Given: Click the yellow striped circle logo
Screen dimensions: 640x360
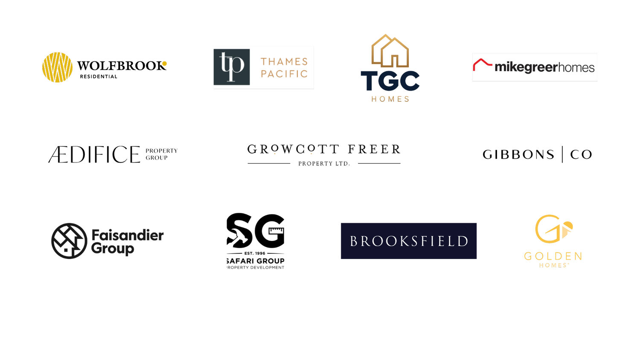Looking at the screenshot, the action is (x=58, y=67).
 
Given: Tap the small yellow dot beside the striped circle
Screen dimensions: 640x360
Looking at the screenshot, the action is (x=164, y=64).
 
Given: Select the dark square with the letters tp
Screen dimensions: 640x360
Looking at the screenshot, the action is (x=232, y=67).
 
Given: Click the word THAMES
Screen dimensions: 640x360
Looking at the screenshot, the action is (x=284, y=61).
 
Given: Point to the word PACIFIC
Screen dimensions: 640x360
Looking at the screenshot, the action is (x=284, y=74).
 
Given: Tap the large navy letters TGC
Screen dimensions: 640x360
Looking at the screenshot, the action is (x=390, y=81).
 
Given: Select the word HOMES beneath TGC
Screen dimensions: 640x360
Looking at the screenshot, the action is (x=390, y=99).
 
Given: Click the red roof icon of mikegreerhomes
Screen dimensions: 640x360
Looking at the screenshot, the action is (x=483, y=64).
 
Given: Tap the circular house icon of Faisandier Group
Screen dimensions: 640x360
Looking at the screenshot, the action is (x=69, y=241).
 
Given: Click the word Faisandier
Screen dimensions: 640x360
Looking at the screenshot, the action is (x=128, y=235).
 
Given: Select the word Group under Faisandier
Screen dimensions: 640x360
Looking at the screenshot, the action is (x=113, y=248).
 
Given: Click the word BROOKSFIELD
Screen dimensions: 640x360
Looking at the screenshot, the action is (x=409, y=241).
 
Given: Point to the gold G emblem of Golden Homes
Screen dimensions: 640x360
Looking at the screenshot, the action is (x=553, y=229).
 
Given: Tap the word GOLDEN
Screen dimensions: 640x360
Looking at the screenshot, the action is (x=553, y=256).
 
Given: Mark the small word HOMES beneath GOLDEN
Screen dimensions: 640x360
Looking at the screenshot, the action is (x=553, y=265).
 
